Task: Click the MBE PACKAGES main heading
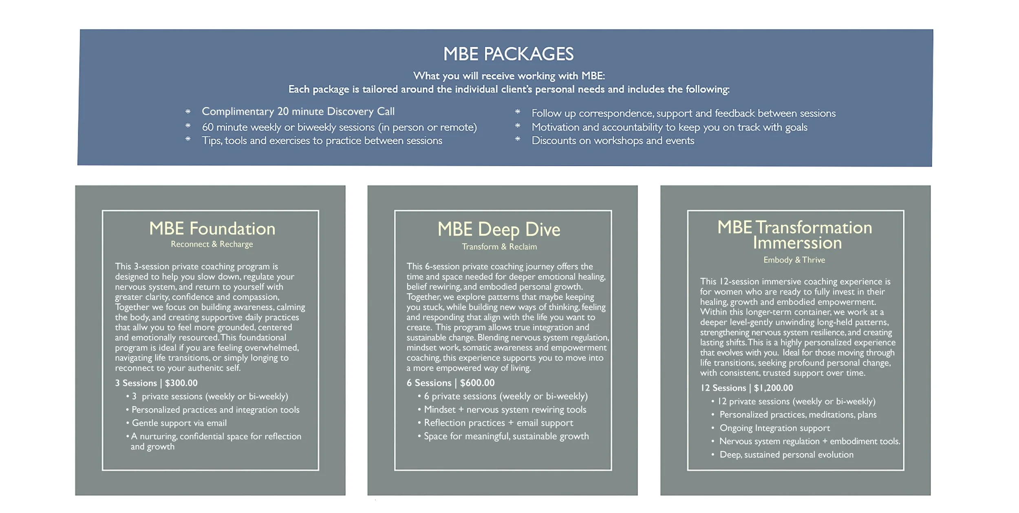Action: click(508, 54)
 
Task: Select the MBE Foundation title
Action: click(212, 229)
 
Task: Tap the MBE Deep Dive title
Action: click(499, 229)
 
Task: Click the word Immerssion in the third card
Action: click(797, 243)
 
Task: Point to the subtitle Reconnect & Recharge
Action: click(212, 244)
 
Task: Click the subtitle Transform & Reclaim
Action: click(499, 247)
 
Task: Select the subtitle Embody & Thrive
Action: click(794, 260)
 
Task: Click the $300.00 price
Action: click(181, 383)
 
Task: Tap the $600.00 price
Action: click(477, 383)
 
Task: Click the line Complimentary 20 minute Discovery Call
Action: click(298, 112)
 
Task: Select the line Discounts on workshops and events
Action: click(613, 141)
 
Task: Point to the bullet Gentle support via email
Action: click(179, 423)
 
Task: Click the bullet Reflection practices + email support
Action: click(498, 423)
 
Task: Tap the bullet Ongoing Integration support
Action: click(774, 428)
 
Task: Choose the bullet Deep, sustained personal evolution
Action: click(786, 455)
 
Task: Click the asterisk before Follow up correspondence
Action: click(517, 112)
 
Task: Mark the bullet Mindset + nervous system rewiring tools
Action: click(505, 410)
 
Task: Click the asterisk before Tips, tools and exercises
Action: click(188, 139)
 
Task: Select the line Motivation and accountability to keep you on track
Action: click(669, 127)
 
